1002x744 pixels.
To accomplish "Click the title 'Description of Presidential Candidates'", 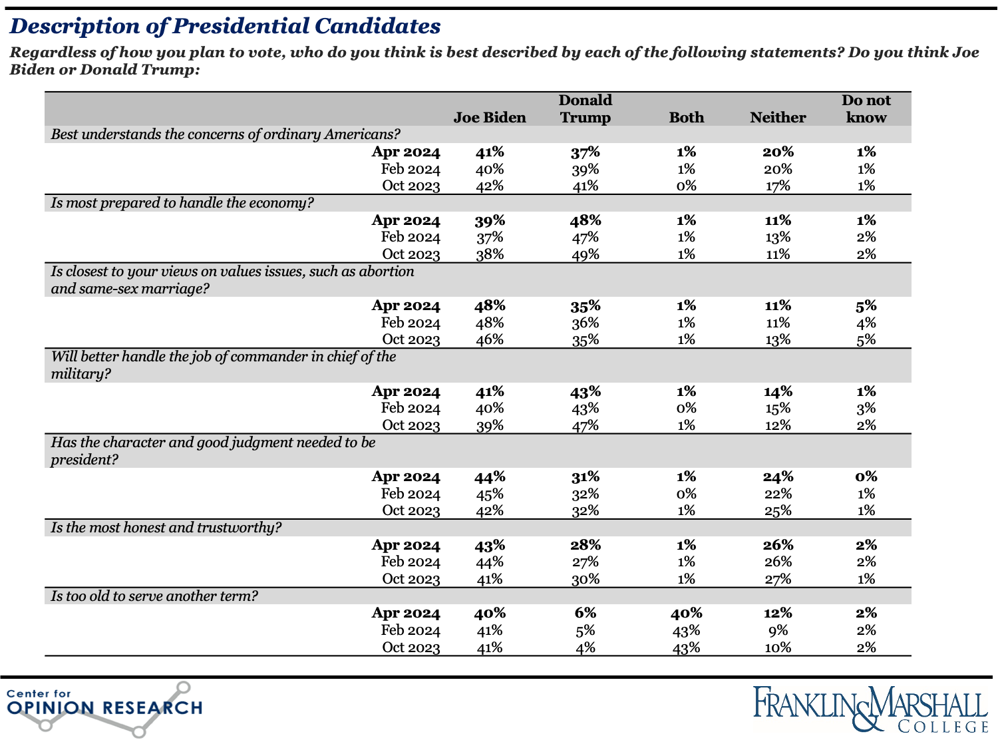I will tap(225, 26).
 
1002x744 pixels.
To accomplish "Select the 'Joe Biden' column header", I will tap(490, 118).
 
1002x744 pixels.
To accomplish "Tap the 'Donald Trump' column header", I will tap(585, 109).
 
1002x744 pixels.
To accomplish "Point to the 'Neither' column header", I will tap(778, 118).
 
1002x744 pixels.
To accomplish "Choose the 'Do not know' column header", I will tap(866, 109).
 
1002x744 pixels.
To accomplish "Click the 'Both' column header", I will tap(686, 118).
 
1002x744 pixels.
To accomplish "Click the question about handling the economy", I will tap(182, 203).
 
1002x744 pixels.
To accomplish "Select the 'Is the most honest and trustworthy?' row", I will tap(166, 528).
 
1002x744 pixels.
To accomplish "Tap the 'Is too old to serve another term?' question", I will tap(154, 596).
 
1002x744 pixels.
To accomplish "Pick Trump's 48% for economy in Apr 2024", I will tap(585, 220).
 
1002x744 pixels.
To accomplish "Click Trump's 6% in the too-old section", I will tap(585, 613).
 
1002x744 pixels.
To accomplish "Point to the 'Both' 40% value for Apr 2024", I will tap(686, 613).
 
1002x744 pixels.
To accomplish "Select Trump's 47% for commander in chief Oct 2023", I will tap(585, 425).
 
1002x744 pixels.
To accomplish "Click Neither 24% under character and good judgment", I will tap(778, 476).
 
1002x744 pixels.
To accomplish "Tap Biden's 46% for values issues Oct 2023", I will tap(490, 339).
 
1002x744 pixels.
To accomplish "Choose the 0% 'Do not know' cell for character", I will tap(866, 476).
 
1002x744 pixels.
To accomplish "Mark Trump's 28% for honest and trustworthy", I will tap(585, 545).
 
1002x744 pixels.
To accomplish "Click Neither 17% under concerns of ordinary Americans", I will tap(778, 186).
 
